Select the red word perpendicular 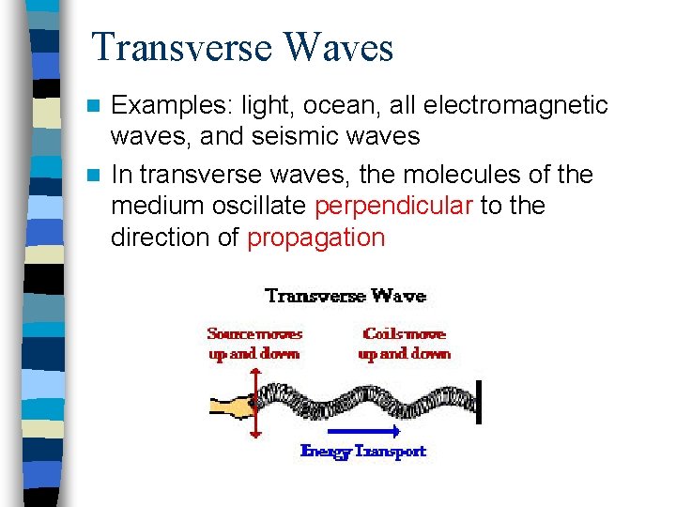(393, 206)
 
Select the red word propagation (315, 238)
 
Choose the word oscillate (258, 206)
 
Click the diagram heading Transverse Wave (346, 297)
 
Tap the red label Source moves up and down (254, 344)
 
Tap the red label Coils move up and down (405, 344)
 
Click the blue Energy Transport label (362, 452)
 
